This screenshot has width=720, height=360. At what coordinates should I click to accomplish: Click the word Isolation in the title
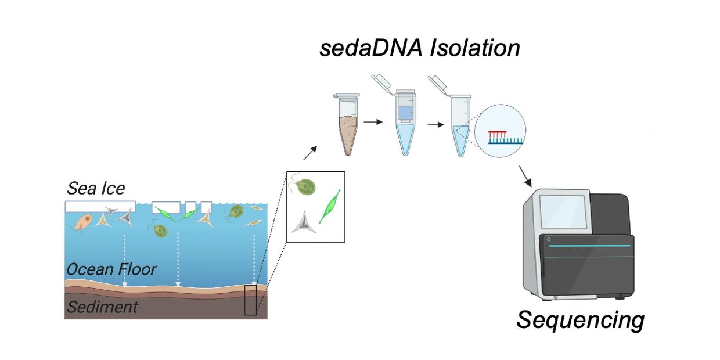[475, 48]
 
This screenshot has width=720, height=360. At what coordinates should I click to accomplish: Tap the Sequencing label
[581, 320]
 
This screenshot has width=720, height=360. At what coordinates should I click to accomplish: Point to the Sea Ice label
[96, 188]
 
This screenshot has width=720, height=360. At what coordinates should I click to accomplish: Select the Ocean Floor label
[111, 269]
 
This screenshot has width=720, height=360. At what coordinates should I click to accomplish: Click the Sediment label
[102, 307]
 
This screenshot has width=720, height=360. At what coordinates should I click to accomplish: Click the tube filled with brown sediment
[347, 125]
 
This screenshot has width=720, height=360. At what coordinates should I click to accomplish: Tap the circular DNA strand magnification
[500, 131]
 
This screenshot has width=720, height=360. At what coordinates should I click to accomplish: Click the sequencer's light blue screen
[563, 212]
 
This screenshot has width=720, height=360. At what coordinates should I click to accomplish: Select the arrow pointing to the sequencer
[525, 177]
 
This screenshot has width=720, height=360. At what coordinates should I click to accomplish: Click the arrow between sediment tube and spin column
[373, 122]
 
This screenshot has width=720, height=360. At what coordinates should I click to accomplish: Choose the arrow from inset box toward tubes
[310, 153]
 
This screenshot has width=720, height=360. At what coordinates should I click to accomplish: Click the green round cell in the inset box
[305, 187]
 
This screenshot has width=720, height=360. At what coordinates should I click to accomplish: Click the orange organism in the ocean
[84, 222]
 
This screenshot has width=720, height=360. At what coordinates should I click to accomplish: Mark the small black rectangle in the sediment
[251, 300]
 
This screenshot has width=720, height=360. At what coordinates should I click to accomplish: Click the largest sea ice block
[100, 207]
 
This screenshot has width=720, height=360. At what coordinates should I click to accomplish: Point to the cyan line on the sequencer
[589, 246]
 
